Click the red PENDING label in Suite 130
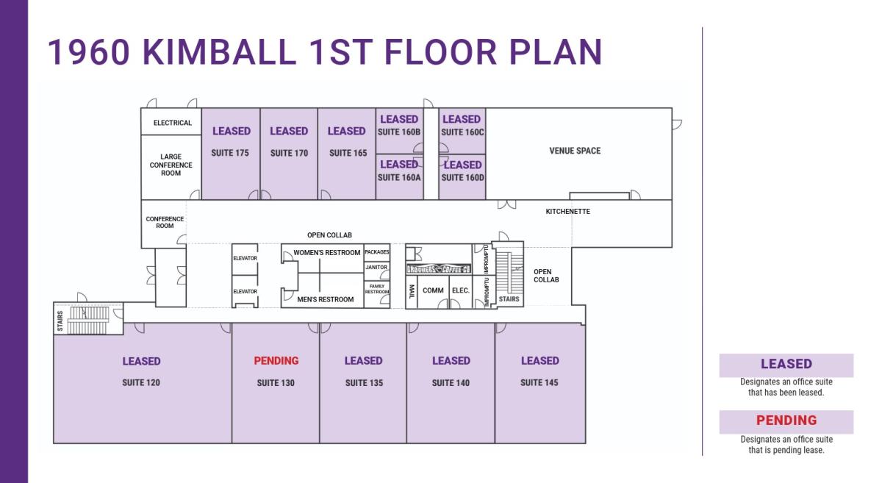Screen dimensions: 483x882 (276, 361)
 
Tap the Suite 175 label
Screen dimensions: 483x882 (230, 154)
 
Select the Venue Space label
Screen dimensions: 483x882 (575, 151)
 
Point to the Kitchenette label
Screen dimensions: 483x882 (567, 212)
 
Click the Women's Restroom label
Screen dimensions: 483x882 (327, 253)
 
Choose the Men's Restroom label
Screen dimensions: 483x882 (325, 299)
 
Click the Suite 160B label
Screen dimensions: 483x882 (399, 132)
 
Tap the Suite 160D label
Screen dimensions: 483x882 (462, 177)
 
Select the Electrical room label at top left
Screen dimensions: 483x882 (172, 123)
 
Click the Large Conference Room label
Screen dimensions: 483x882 (171, 165)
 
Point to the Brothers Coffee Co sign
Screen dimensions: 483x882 (439, 269)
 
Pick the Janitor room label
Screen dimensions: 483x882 (376, 268)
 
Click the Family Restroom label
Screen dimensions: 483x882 (376, 289)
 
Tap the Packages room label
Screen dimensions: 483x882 (376, 252)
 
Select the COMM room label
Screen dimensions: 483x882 (433, 290)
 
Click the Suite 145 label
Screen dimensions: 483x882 (539, 383)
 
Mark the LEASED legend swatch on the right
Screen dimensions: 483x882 (786, 365)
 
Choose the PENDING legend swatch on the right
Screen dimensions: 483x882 (786, 421)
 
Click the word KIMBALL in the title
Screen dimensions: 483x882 (218, 52)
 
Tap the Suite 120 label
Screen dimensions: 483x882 (141, 383)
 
